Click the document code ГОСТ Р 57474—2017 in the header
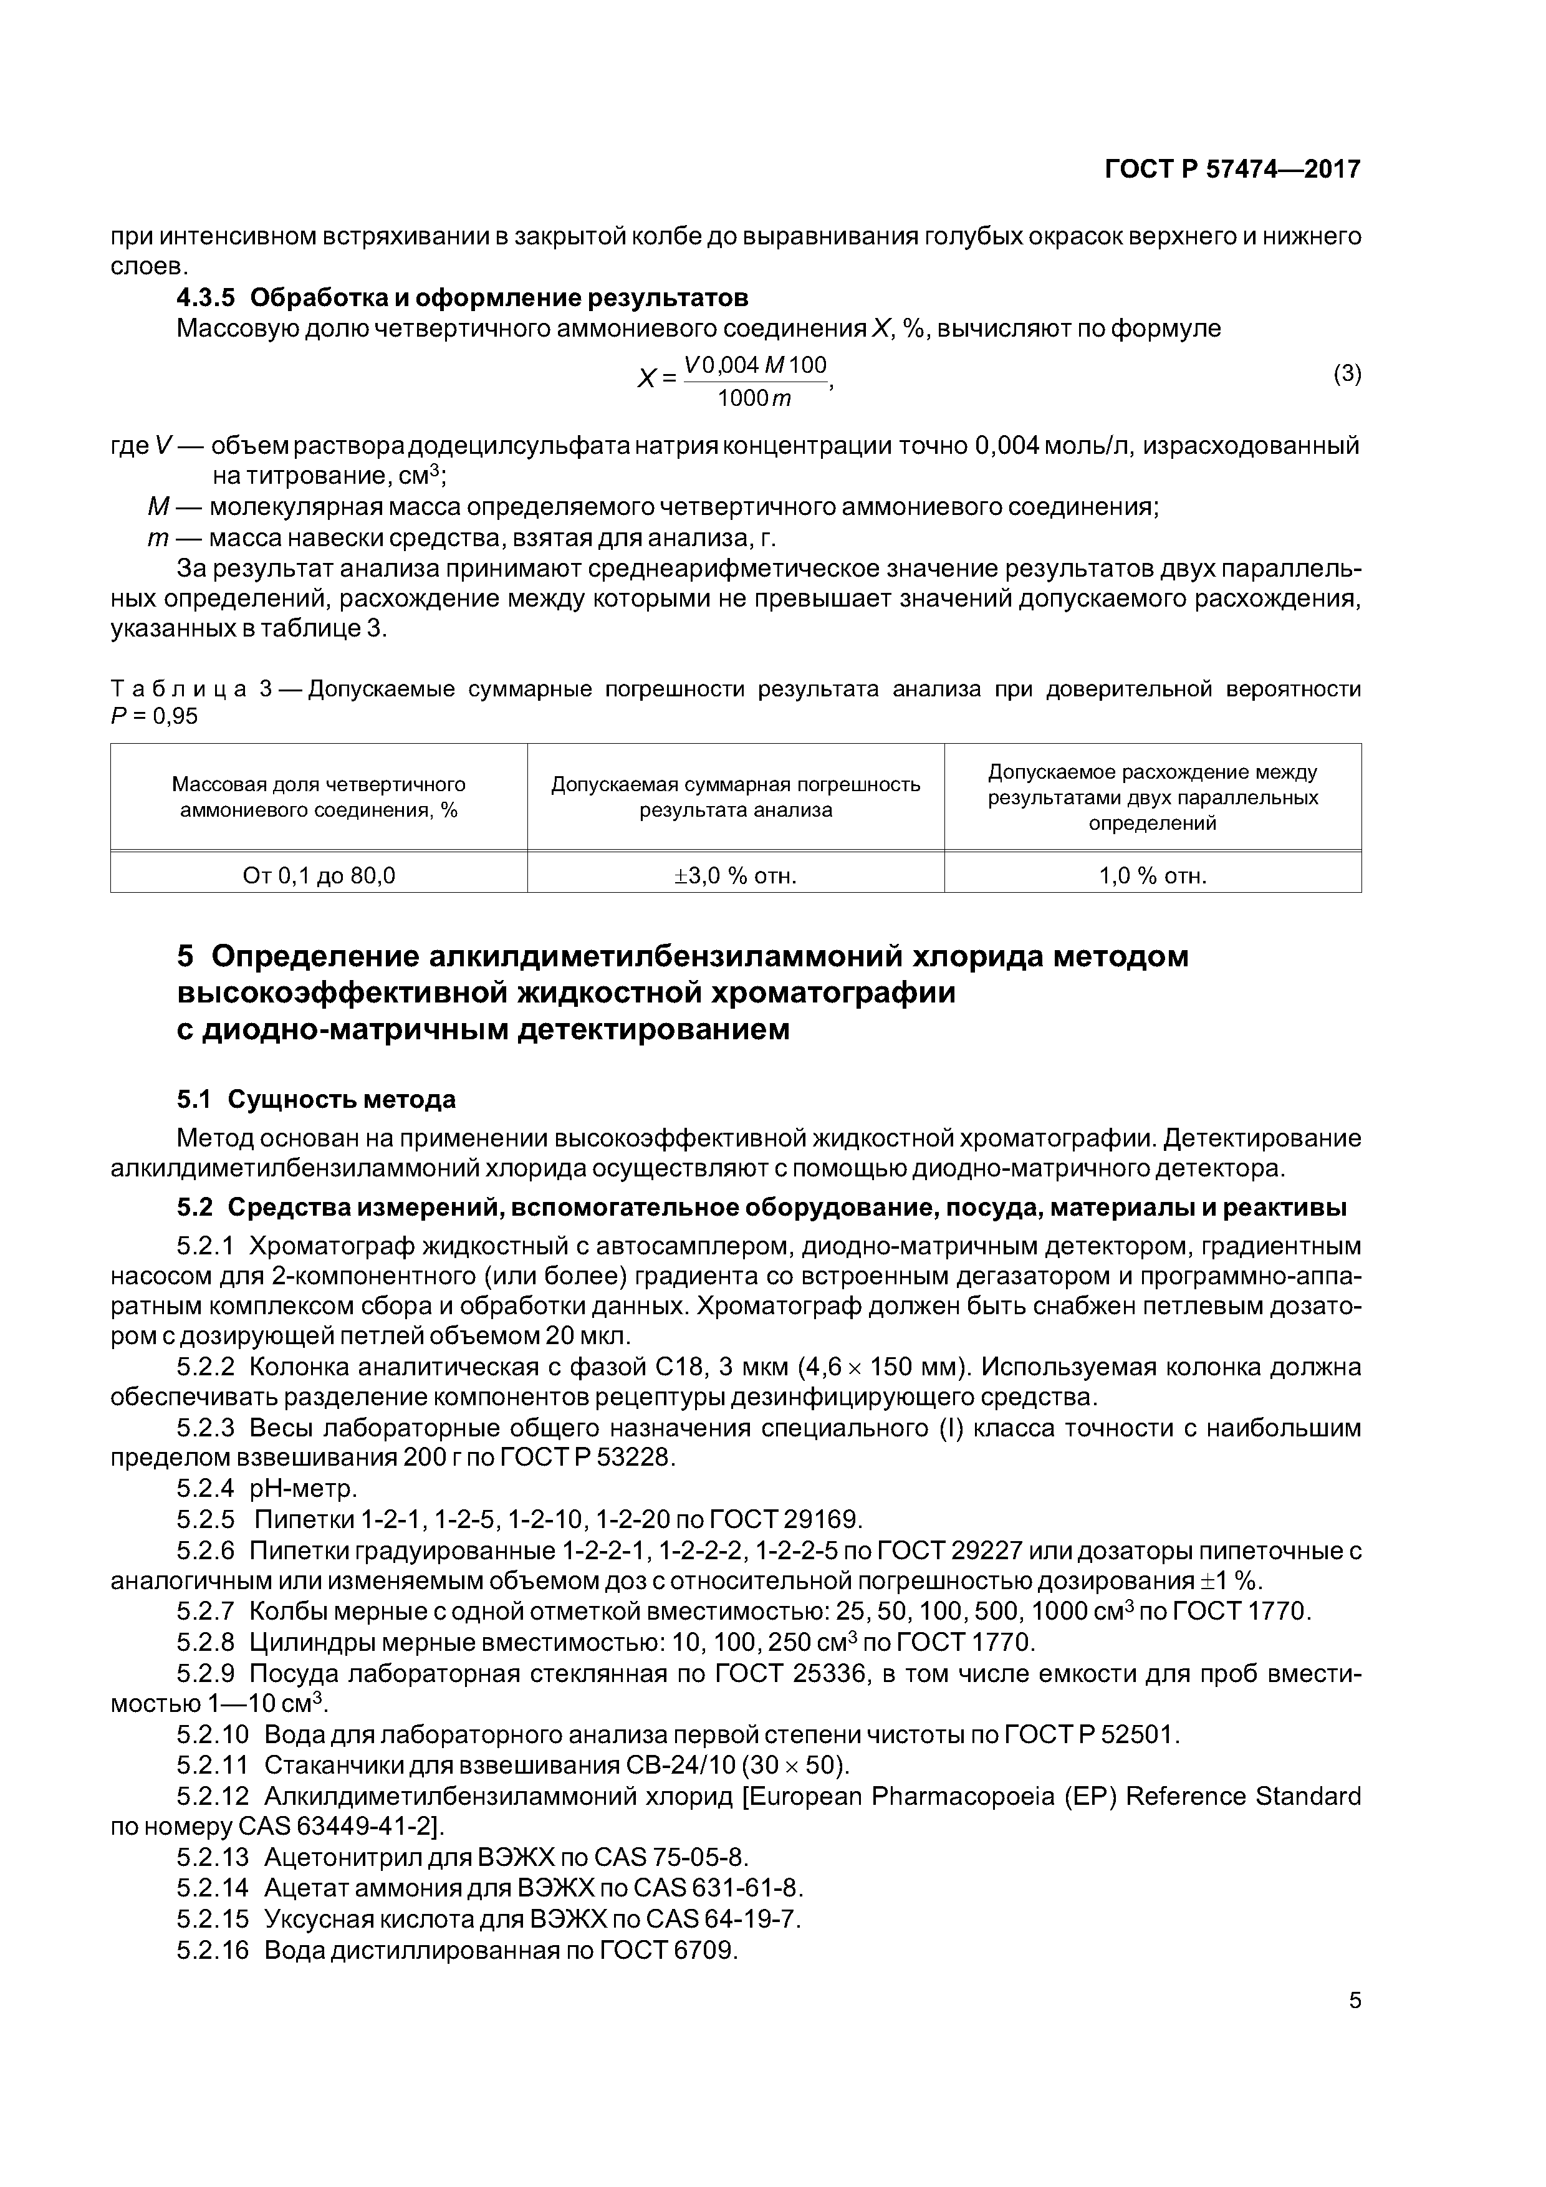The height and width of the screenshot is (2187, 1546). point(1232,170)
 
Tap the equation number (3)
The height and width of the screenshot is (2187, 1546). point(1346,374)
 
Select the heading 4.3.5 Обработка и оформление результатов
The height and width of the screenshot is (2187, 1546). point(462,298)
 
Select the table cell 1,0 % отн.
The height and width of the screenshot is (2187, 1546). point(1153,875)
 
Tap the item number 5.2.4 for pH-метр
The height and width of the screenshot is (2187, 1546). point(205,1488)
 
